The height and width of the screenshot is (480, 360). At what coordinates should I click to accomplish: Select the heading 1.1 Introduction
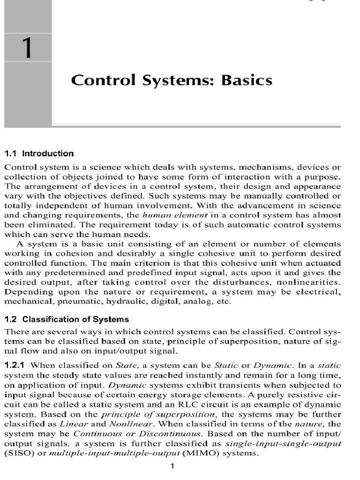click(x=39, y=153)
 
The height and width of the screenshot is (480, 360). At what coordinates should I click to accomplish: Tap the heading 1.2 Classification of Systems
click(x=66, y=319)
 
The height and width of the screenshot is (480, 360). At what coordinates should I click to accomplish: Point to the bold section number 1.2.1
click(x=16, y=365)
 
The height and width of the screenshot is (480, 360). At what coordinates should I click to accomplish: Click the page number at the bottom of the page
click(x=172, y=466)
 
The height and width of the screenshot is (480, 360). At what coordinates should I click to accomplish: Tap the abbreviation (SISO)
click(x=17, y=453)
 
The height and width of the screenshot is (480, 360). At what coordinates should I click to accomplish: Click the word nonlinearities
click(x=309, y=282)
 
